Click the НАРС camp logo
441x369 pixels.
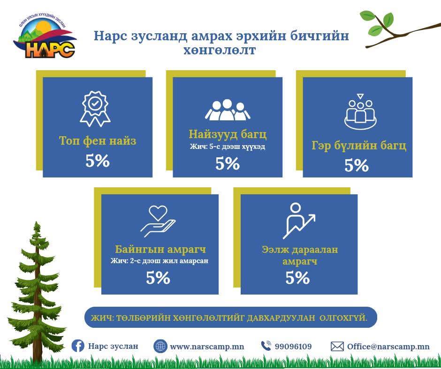45,35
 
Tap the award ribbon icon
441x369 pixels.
95,109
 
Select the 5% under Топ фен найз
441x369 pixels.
97,161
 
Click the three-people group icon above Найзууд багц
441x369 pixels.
228,110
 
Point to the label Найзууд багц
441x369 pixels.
228,134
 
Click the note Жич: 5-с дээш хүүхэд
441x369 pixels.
228,147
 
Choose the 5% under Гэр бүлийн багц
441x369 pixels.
357,165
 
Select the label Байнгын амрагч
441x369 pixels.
160,249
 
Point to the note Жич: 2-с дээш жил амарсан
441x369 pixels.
160,261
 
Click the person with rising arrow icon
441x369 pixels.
299,221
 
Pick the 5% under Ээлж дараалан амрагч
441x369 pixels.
297,278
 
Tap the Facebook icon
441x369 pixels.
78,346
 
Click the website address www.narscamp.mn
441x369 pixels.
207,347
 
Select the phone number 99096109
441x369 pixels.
293,347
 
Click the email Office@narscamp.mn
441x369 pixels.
388,347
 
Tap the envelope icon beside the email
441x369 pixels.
337,347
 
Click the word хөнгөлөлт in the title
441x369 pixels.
220,51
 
